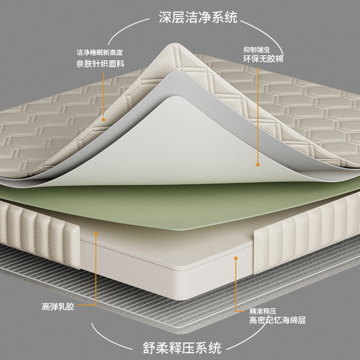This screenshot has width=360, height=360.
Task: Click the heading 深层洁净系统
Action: (x=198, y=18)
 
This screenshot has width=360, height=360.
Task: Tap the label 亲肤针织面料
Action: (x=100, y=63)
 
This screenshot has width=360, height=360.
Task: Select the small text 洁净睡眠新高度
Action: (x=99, y=53)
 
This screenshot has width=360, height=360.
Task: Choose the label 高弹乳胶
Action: (x=58, y=307)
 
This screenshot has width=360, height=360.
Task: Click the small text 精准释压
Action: (x=262, y=310)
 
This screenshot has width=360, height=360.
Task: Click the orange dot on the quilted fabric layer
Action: (x=103, y=119)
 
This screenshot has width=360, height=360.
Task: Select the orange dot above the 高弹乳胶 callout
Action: (x=95, y=234)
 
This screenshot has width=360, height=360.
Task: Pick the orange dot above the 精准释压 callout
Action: (x=235, y=258)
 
